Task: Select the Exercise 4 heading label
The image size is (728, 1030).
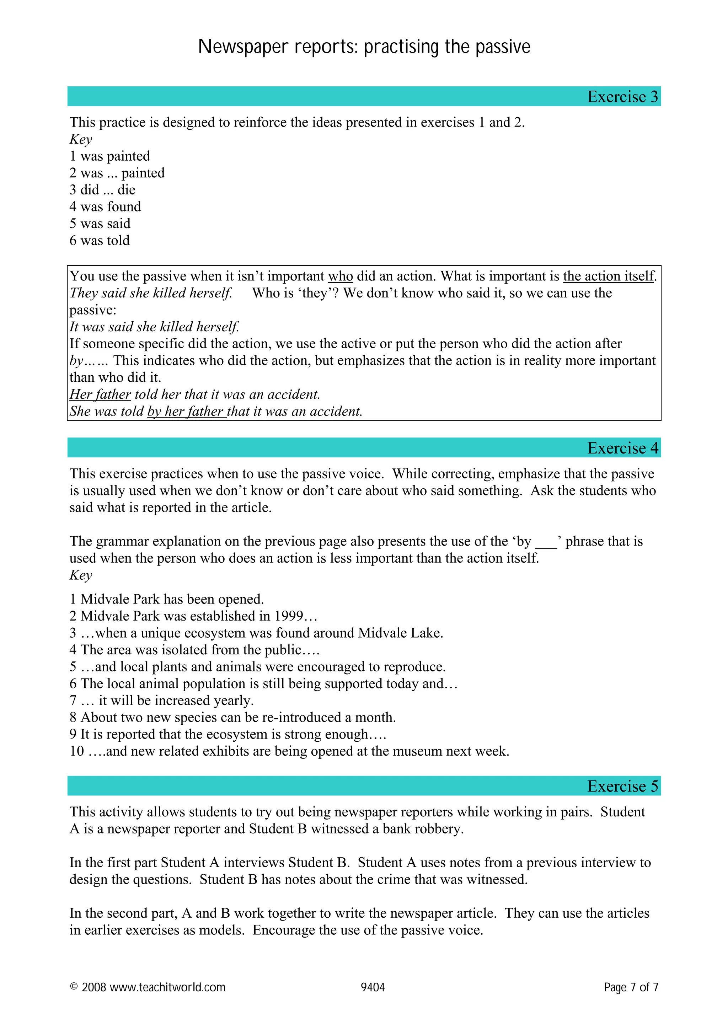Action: coord(622,448)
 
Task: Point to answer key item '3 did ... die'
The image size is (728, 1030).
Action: coord(102,190)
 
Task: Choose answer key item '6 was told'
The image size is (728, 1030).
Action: coord(100,241)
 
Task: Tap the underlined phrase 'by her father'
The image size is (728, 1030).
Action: coord(186,411)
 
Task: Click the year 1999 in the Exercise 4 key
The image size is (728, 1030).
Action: coord(288,616)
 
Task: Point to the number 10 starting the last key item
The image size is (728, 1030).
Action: coord(77,751)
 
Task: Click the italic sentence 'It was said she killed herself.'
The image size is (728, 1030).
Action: coord(154,327)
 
